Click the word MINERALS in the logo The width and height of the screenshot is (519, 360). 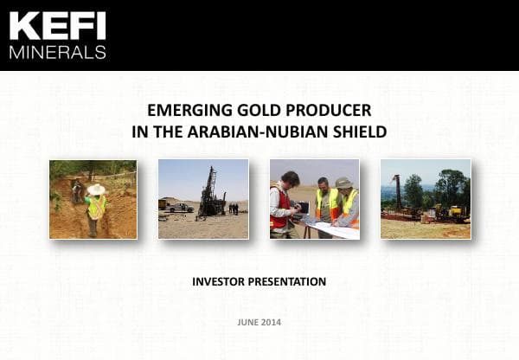[57, 51]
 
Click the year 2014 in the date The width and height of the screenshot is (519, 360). [271, 323]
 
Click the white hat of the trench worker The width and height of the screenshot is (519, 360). [95, 189]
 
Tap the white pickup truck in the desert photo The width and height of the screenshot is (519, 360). [180, 207]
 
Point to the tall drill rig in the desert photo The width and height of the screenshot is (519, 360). [208, 190]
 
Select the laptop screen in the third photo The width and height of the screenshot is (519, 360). [303, 209]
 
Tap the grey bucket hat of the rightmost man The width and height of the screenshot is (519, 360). [344, 183]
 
